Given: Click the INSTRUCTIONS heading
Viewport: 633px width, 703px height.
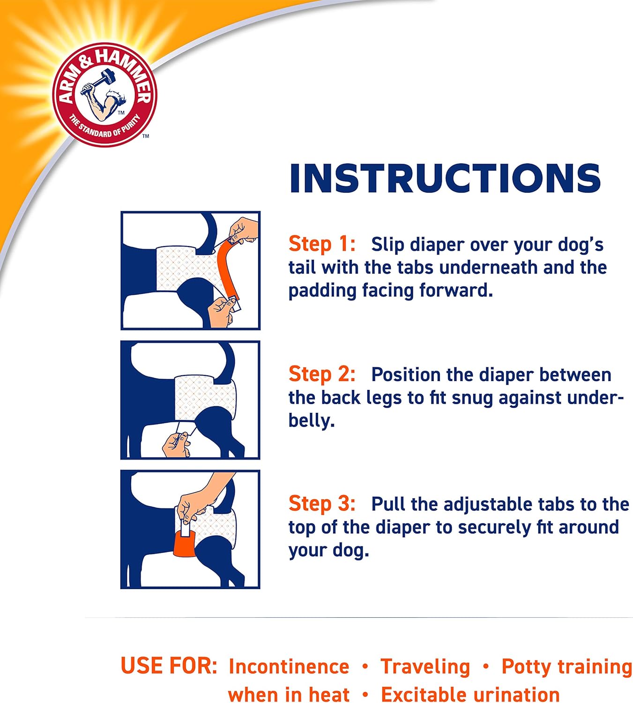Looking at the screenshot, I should [445, 179].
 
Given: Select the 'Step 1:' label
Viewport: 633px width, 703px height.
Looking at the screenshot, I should [322, 244].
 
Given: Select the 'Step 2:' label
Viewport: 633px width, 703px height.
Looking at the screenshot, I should [322, 374].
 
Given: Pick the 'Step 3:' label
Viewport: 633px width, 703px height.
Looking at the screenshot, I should [322, 504].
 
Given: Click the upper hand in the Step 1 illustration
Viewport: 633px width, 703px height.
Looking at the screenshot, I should [244, 230].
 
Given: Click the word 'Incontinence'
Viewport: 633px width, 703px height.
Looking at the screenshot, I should [289, 666].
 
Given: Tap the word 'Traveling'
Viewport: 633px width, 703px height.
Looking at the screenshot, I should [425, 666].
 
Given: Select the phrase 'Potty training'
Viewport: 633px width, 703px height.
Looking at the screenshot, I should [566, 666].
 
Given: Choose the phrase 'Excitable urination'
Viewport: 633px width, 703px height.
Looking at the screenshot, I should [470, 694].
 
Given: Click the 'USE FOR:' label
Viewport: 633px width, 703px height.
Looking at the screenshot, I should [169, 666].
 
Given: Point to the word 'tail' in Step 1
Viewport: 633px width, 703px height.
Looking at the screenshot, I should [302, 267].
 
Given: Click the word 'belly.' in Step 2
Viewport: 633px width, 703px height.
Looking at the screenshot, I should [311, 420].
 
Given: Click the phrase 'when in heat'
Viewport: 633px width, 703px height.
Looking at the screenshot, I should [289, 694].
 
